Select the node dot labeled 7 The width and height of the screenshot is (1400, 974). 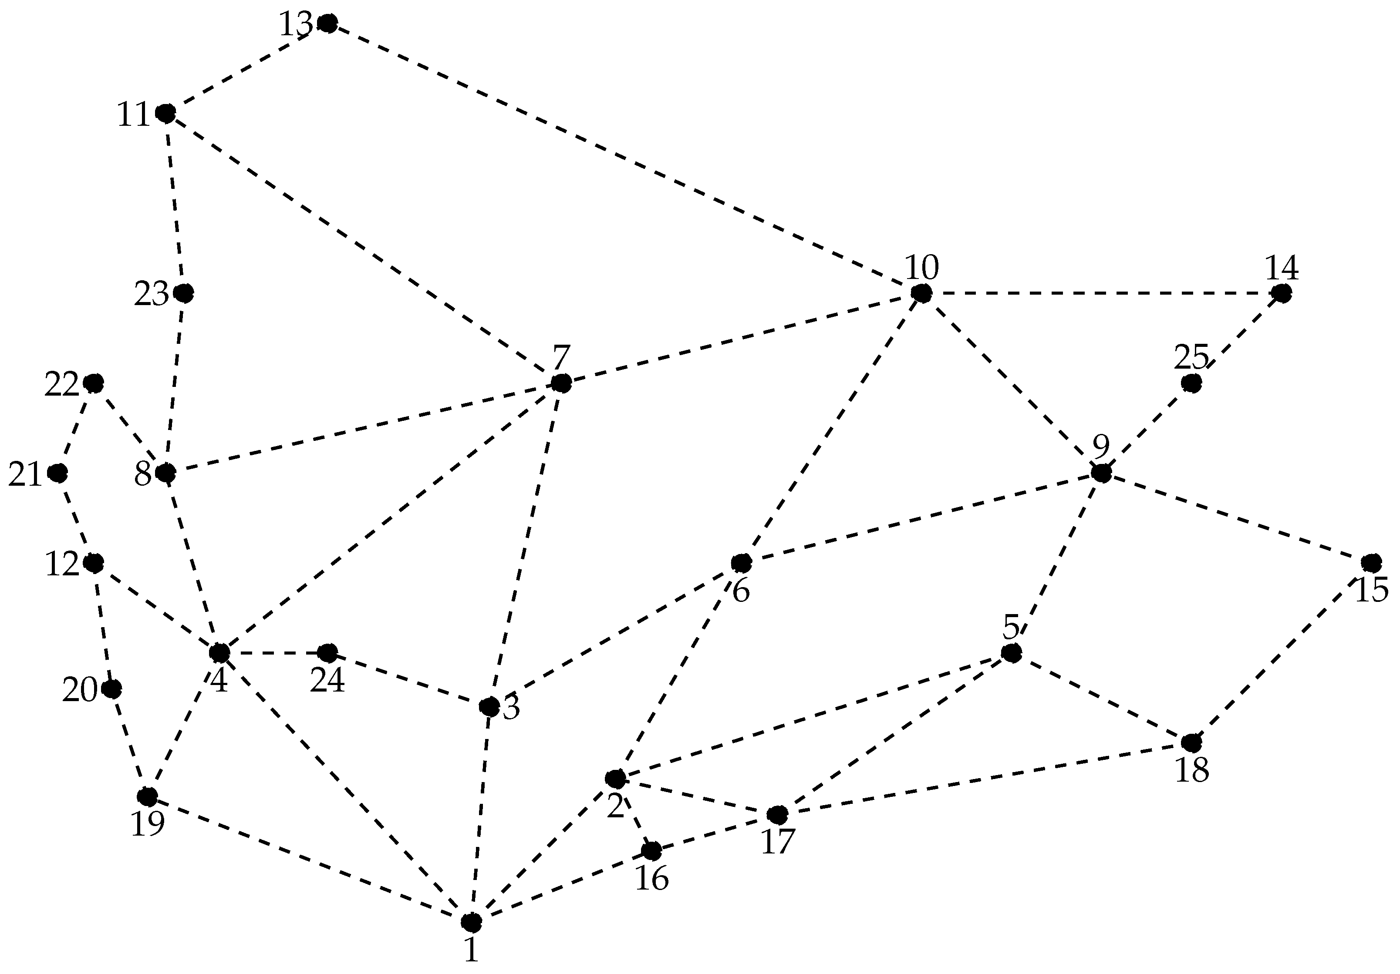561,383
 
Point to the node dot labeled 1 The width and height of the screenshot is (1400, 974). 471,923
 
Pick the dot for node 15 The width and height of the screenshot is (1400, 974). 1371,563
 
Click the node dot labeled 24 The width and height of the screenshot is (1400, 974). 328,653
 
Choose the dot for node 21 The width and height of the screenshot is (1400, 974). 58,472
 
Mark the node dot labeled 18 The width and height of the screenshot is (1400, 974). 1191,743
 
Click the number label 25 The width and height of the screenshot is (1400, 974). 1191,358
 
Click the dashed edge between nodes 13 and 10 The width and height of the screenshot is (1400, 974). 624,158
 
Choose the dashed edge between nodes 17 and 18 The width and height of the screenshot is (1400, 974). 984,778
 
